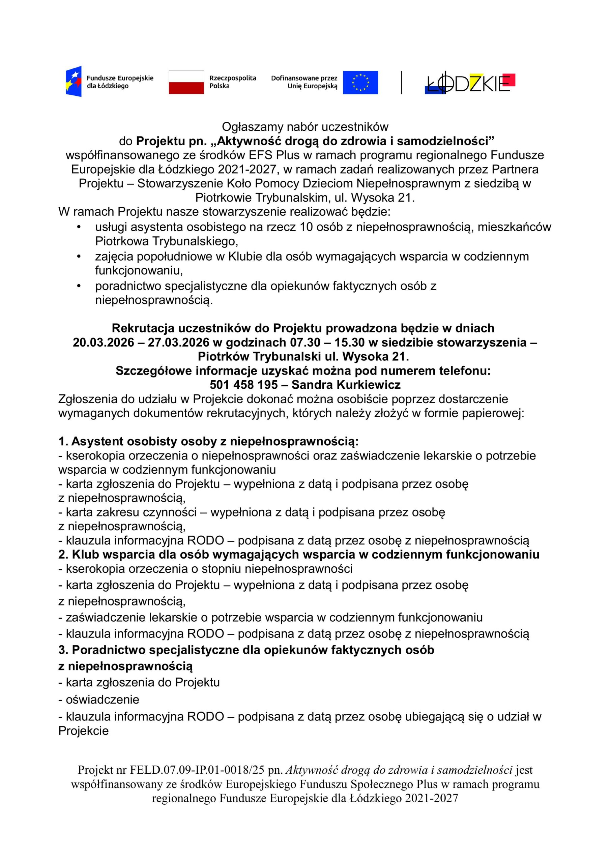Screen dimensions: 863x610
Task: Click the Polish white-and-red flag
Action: pos(186,82)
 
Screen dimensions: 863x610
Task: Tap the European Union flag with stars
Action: pos(360,82)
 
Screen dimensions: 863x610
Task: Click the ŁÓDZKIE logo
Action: pos(470,83)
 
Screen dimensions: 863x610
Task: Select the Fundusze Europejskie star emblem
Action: pos(74,82)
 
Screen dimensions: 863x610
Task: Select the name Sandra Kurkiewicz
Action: pos(346,385)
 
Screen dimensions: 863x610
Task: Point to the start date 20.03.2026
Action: pos(104,343)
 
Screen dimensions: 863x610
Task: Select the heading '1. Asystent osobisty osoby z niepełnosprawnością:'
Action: pos(209,441)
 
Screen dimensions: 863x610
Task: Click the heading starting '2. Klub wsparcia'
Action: pos(299,555)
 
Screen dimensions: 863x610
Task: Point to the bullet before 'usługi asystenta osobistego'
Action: pos(79,227)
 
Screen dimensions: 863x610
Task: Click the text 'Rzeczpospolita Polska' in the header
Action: pos(232,82)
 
